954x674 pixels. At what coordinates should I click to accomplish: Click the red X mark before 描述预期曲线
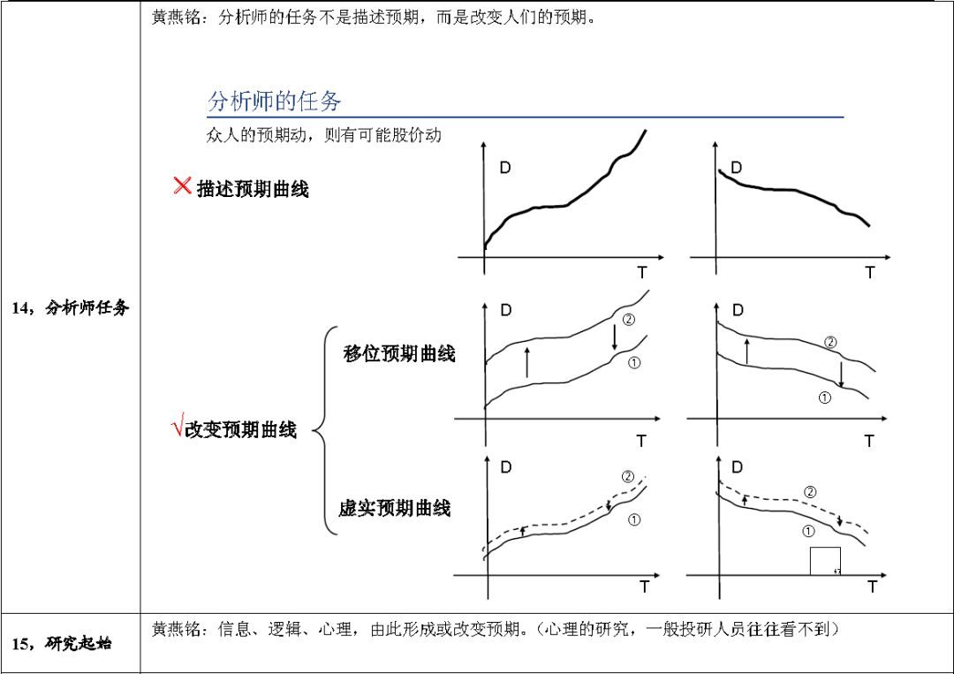point(183,186)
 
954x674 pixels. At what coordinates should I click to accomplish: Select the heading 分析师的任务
point(274,101)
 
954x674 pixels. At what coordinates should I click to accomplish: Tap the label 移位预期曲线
point(399,354)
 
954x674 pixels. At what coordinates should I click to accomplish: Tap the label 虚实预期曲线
point(395,508)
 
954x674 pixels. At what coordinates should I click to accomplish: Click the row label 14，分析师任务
point(70,307)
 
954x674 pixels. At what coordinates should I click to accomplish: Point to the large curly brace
point(325,431)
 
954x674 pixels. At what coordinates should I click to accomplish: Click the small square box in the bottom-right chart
point(825,561)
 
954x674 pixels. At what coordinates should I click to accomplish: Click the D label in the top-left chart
point(505,168)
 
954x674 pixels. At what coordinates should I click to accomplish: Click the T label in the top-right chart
point(870,273)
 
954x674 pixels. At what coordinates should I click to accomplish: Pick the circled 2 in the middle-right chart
point(830,342)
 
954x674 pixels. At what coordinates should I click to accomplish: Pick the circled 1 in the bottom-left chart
point(634,520)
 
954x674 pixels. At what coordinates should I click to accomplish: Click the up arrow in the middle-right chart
point(747,350)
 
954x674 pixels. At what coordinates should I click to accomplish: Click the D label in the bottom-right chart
point(738,466)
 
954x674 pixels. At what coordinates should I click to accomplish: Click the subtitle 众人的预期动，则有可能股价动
point(323,135)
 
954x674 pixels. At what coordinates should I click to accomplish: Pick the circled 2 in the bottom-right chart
point(809,492)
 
